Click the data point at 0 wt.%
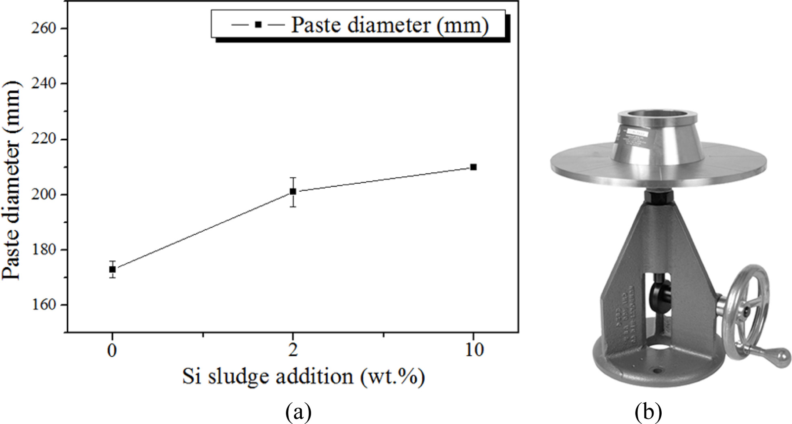point(113,269)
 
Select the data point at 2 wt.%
point(293,191)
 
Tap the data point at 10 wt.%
point(473,167)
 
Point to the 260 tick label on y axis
point(45,29)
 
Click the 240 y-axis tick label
point(45,84)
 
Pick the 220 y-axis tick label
point(45,139)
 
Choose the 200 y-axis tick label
point(45,195)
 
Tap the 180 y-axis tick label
point(45,250)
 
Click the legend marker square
point(258,25)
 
